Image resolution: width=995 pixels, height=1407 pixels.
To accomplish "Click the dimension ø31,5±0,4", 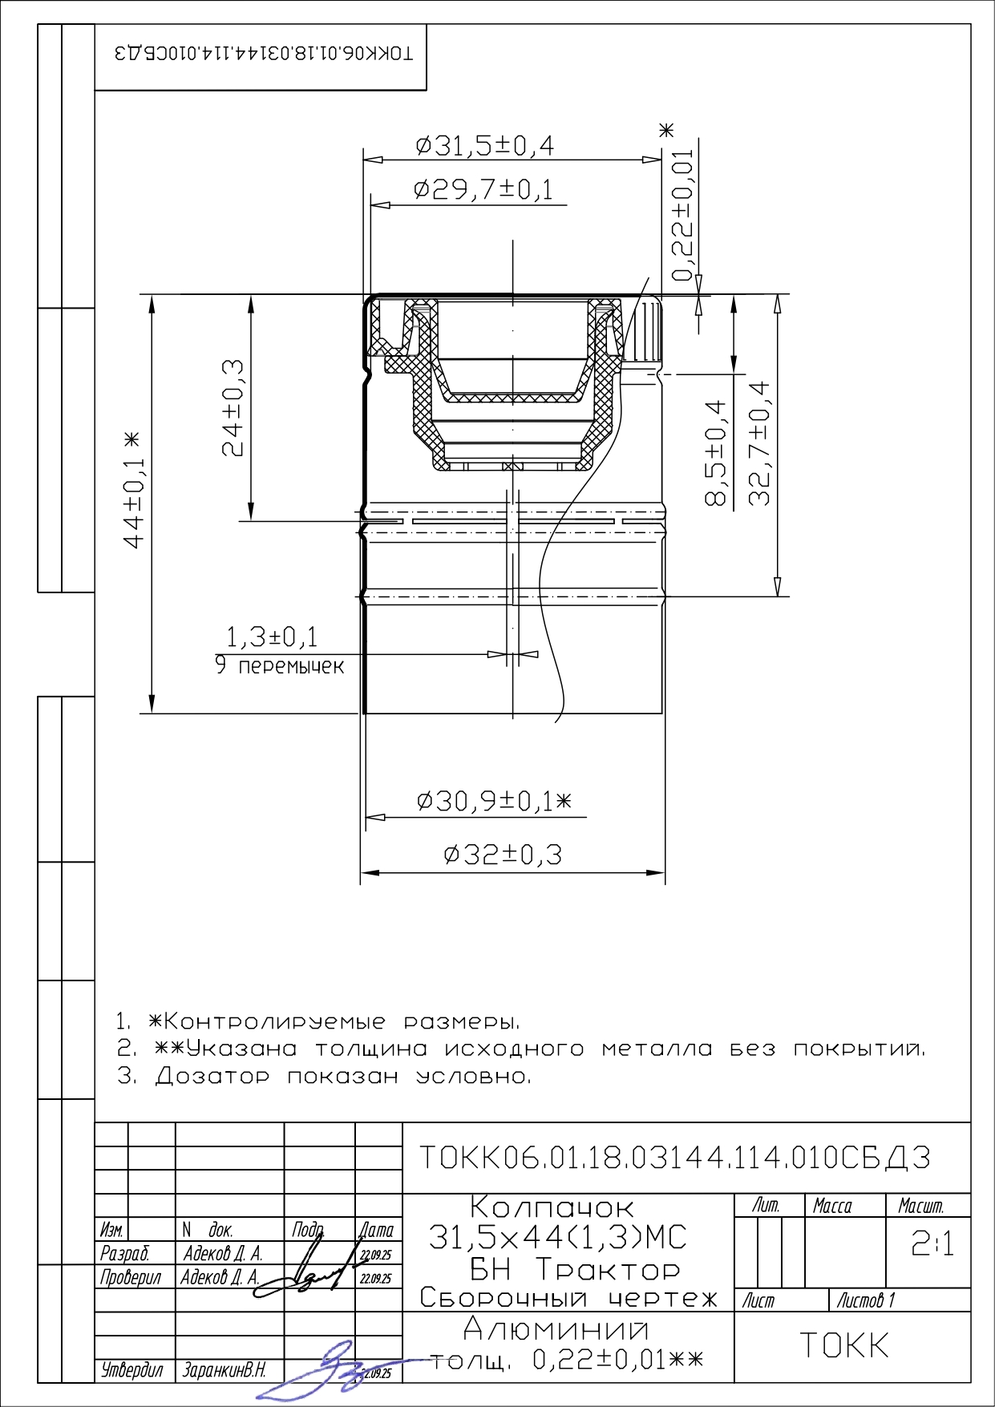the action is (484, 146).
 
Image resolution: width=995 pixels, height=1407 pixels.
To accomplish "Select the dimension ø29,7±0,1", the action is (483, 190).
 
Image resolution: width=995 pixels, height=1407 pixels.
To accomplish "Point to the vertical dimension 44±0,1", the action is (134, 490).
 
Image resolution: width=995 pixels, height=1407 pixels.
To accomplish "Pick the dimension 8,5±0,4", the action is (716, 453).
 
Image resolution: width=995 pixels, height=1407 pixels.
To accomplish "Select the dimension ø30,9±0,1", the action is (494, 801).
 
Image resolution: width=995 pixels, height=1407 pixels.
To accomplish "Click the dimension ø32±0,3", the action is (503, 855).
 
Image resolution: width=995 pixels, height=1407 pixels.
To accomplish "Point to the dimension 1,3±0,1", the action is (272, 637).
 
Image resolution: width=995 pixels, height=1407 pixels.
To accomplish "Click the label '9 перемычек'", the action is (279, 665).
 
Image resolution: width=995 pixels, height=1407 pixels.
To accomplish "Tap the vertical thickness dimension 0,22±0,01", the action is (682, 216).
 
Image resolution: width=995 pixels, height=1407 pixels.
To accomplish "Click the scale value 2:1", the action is (932, 1243).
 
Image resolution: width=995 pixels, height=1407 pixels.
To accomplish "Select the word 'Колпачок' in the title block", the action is (552, 1207).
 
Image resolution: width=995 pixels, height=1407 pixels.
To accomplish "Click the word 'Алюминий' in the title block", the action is (556, 1330).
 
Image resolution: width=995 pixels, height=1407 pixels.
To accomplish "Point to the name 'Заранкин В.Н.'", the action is (224, 1370).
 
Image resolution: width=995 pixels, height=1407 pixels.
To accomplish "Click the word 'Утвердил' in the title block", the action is (131, 1370).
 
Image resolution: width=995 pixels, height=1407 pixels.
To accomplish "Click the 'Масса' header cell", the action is (832, 1206).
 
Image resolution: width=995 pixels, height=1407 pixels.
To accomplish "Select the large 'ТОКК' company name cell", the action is (844, 1345).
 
